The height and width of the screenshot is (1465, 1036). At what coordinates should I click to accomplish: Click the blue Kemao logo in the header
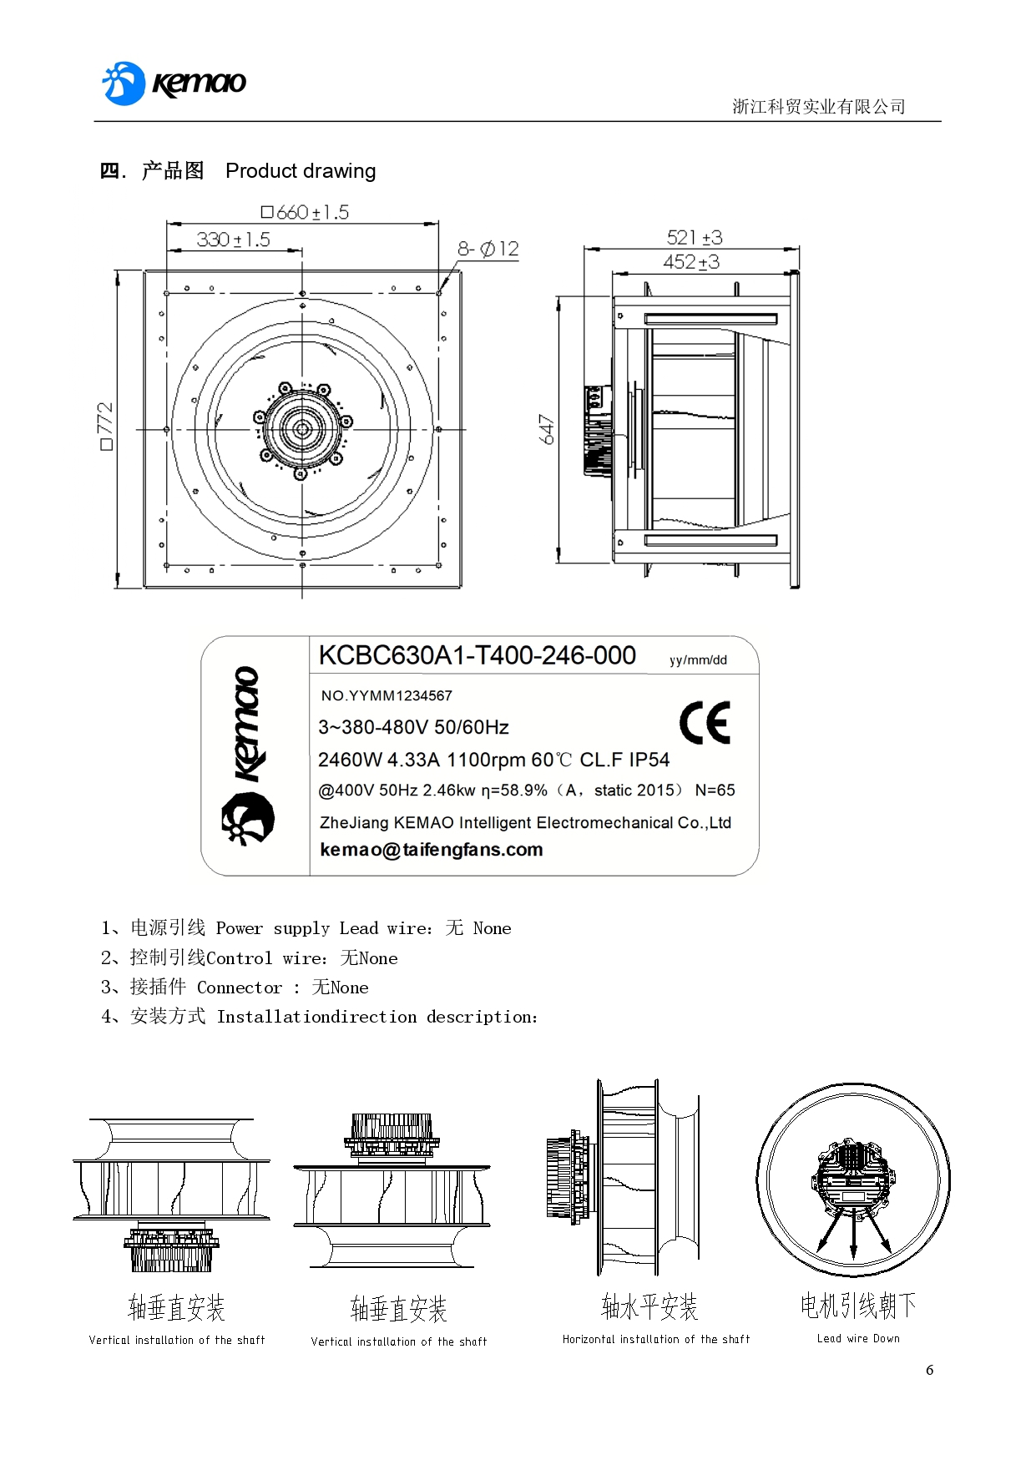174,83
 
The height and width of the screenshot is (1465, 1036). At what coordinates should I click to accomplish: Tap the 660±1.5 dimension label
305,212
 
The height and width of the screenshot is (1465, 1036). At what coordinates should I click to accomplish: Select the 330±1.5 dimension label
233,240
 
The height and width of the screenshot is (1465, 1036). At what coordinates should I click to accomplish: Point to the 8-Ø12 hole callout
488,249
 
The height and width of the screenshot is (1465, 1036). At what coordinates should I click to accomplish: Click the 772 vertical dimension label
105,426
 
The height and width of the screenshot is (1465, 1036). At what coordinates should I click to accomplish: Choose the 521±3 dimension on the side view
694,237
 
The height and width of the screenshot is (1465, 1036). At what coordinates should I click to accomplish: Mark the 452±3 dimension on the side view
690,262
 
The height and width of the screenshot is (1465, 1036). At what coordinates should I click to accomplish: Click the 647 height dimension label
547,429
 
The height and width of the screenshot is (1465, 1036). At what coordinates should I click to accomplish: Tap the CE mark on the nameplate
705,723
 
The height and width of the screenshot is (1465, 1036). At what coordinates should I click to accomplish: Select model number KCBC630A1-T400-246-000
477,656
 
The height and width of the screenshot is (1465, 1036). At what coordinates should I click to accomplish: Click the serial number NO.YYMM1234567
387,695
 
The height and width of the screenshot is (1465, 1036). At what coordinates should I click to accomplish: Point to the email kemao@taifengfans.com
432,850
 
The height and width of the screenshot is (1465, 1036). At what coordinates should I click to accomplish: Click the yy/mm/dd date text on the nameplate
698,660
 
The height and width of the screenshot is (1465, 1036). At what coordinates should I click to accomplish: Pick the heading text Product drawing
301,171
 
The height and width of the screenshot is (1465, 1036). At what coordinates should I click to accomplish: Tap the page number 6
929,1370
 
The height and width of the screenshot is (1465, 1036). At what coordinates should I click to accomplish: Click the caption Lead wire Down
858,1338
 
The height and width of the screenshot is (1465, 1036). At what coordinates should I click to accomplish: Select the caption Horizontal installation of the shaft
656,1339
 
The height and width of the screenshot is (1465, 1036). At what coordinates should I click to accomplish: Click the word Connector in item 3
240,988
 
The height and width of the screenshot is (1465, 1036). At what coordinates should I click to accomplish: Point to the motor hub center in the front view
302,429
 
